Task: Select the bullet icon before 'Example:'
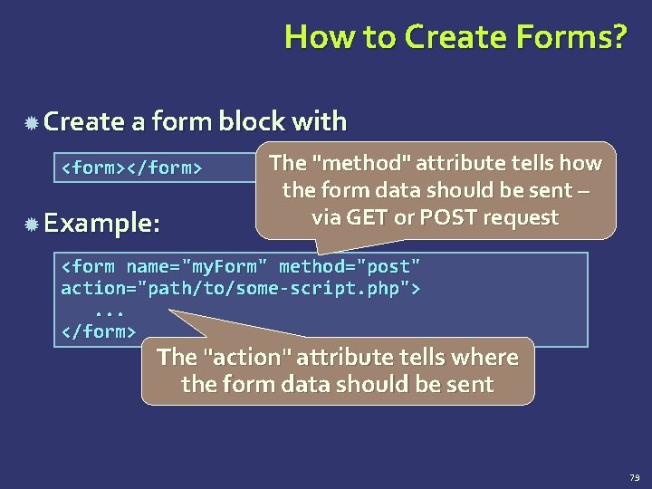[x=31, y=224]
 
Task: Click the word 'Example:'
[x=101, y=223]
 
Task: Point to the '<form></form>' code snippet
[x=130, y=168]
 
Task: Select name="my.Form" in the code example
[x=191, y=267]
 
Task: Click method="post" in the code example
[x=350, y=267]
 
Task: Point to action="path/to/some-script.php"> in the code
[x=241, y=288]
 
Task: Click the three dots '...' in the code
[x=109, y=310]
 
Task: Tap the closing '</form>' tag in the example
[x=98, y=331]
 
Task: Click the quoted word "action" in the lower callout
[x=245, y=358]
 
